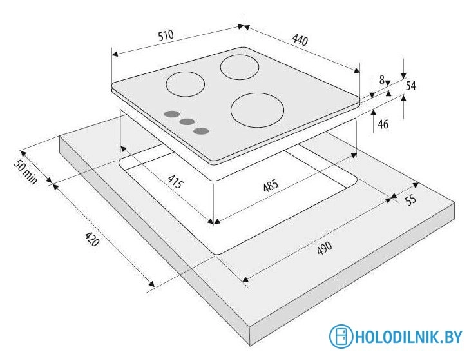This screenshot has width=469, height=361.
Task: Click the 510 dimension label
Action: (166, 35)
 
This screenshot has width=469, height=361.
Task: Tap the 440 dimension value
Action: (300, 40)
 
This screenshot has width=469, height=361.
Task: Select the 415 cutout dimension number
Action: (175, 182)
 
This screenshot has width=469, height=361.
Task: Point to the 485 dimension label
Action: (271, 186)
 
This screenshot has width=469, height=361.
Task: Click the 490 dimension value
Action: (325, 248)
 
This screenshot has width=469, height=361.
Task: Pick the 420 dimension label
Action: (92, 239)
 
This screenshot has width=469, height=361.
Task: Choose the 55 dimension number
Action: (410, 200)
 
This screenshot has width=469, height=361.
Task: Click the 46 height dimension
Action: (383, 124)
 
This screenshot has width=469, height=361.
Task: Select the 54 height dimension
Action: (410, 86)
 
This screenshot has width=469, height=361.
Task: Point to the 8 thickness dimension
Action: (381, 80)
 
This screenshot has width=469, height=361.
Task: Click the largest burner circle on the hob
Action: (257, 110)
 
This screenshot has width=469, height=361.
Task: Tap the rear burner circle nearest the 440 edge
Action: (240, 67)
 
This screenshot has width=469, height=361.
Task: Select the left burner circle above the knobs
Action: (186, 84)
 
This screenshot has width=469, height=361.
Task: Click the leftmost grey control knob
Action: (171, 114)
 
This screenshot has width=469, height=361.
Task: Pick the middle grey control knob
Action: (187, 122)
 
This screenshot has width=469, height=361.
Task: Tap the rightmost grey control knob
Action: (201, 131)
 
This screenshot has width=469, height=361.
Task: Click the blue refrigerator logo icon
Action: (341, 336)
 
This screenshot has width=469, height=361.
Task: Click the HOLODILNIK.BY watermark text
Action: (408, 337)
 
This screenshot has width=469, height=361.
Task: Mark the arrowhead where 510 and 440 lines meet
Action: (244, 26)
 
